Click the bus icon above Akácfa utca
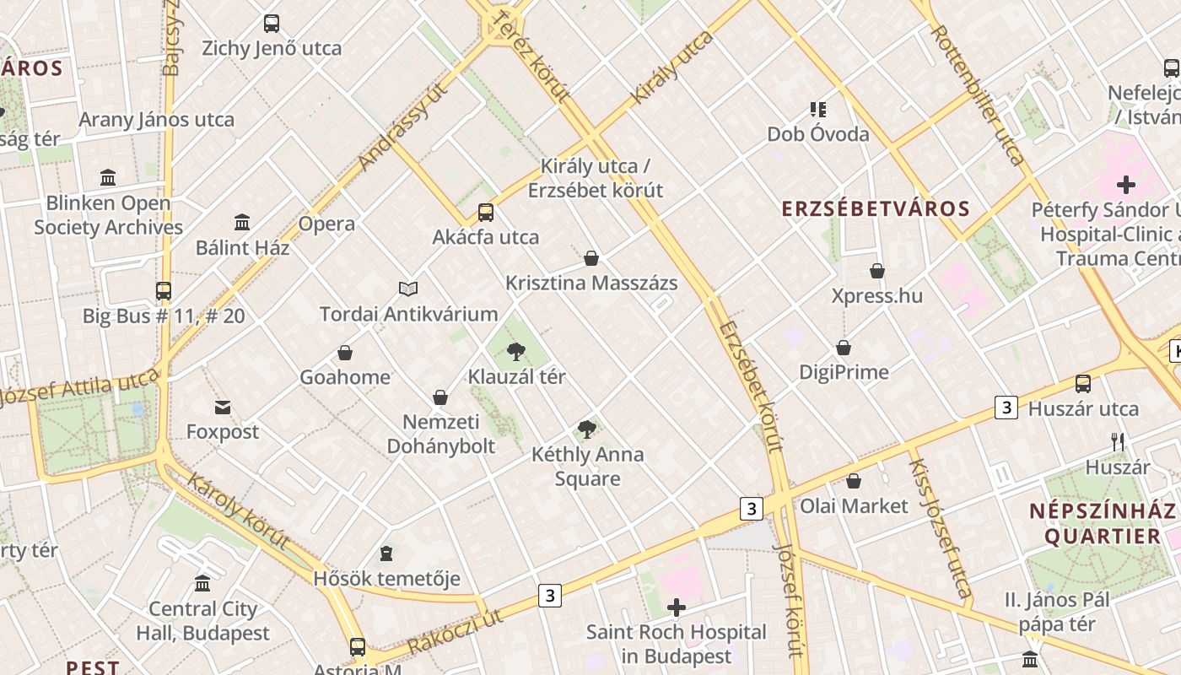(486, 212)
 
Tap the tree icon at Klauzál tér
(516, 351)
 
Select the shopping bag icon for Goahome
(345, 352)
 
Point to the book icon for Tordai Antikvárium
(408, 289)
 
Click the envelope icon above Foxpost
(223, 408)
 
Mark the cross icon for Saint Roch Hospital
(676, 607)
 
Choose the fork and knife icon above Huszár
(1118, 442)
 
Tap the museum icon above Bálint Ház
(242, 223)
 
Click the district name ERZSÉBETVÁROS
(876, 208)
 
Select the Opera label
(326, 224)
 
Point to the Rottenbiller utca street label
(978, 94)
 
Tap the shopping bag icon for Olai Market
(854, 481)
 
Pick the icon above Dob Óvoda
(817, 109)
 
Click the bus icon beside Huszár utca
(1083, 384)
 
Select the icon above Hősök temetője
(386, 553)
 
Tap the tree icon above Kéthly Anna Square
(587, 429)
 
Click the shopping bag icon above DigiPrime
(844, 348)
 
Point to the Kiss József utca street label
(939, 523)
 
